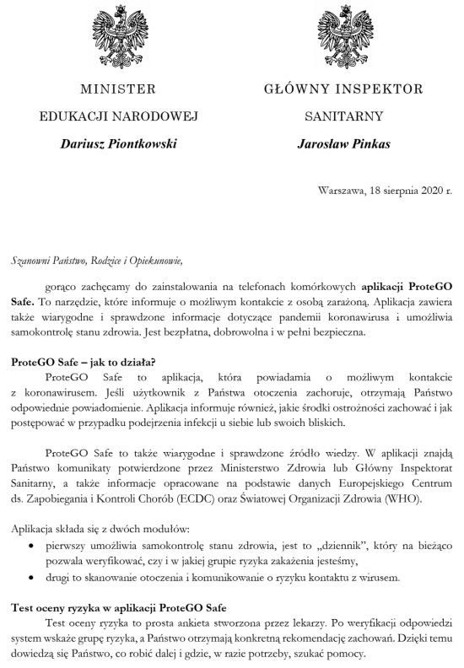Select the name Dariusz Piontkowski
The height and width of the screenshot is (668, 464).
(118, 144)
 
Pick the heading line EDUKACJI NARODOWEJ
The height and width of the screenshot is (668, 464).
(118, 116)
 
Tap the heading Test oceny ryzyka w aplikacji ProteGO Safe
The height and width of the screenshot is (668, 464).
(116, 607)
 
